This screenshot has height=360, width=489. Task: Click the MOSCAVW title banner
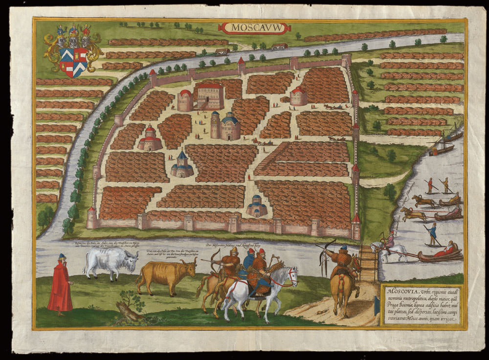tap(255, 28)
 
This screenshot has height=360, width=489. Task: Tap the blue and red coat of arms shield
tap(73, 61)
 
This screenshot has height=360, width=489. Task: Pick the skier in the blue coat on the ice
tap(433, 233)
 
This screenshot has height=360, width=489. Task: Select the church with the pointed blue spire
tap(182, 165)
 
